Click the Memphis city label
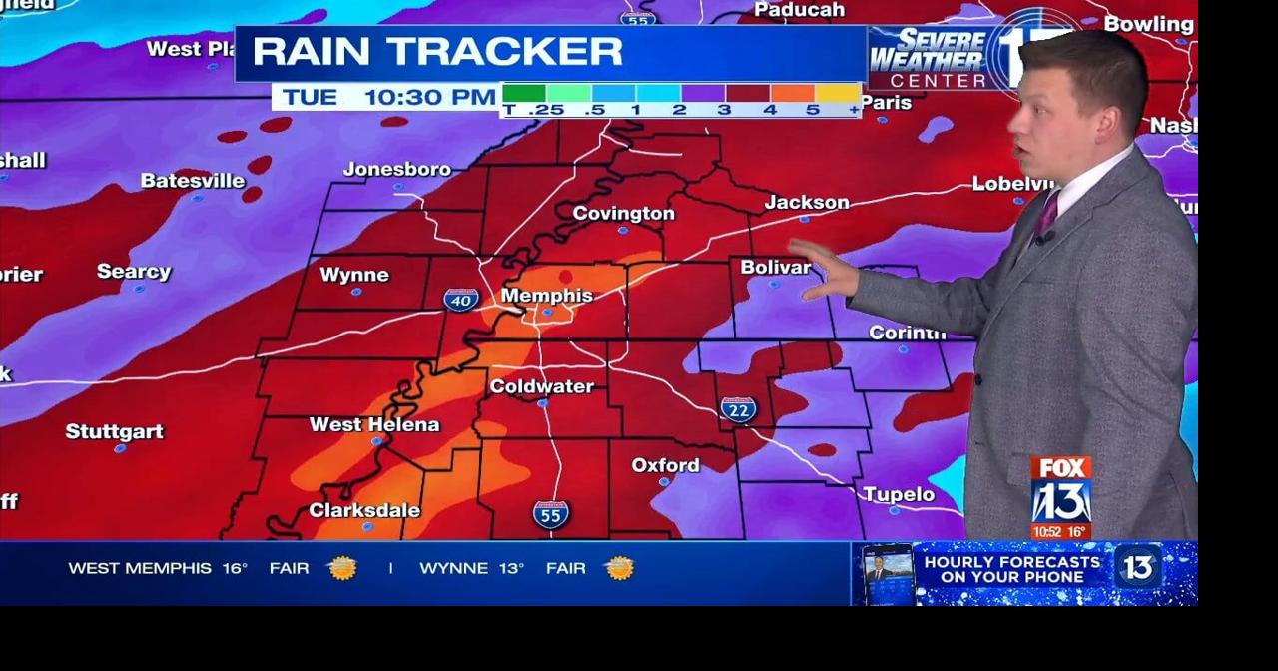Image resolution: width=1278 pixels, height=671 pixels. point(546,296)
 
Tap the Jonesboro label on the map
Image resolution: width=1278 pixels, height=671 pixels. point(396,169)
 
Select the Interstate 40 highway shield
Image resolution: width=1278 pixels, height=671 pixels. point(461,299)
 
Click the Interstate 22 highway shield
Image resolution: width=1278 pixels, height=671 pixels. point(738,409)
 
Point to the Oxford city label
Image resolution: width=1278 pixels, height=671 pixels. point(665,465)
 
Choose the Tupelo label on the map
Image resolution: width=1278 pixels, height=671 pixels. point(898,494)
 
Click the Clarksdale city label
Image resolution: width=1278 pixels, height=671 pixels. point(364,510)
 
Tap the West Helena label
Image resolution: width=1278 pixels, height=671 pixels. point(374,424)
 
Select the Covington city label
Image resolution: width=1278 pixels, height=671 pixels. point(623,213)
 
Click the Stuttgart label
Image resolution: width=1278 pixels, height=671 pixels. point(114,431)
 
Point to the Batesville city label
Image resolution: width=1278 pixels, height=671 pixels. point(193,181)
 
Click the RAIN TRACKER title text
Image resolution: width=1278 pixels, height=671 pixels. point(437,51)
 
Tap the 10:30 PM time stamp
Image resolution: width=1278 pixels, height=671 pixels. point(429,97)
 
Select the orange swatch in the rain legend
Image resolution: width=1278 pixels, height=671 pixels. point(793,93)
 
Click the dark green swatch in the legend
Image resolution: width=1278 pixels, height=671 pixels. point(523,93)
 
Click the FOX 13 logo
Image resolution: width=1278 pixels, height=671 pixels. point(1060,491)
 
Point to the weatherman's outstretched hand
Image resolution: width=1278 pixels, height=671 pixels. point(825,270)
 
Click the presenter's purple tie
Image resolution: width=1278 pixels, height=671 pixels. point(1046,214)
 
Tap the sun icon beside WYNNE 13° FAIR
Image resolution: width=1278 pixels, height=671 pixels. point(619,568)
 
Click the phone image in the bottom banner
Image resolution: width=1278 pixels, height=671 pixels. point(887,573)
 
